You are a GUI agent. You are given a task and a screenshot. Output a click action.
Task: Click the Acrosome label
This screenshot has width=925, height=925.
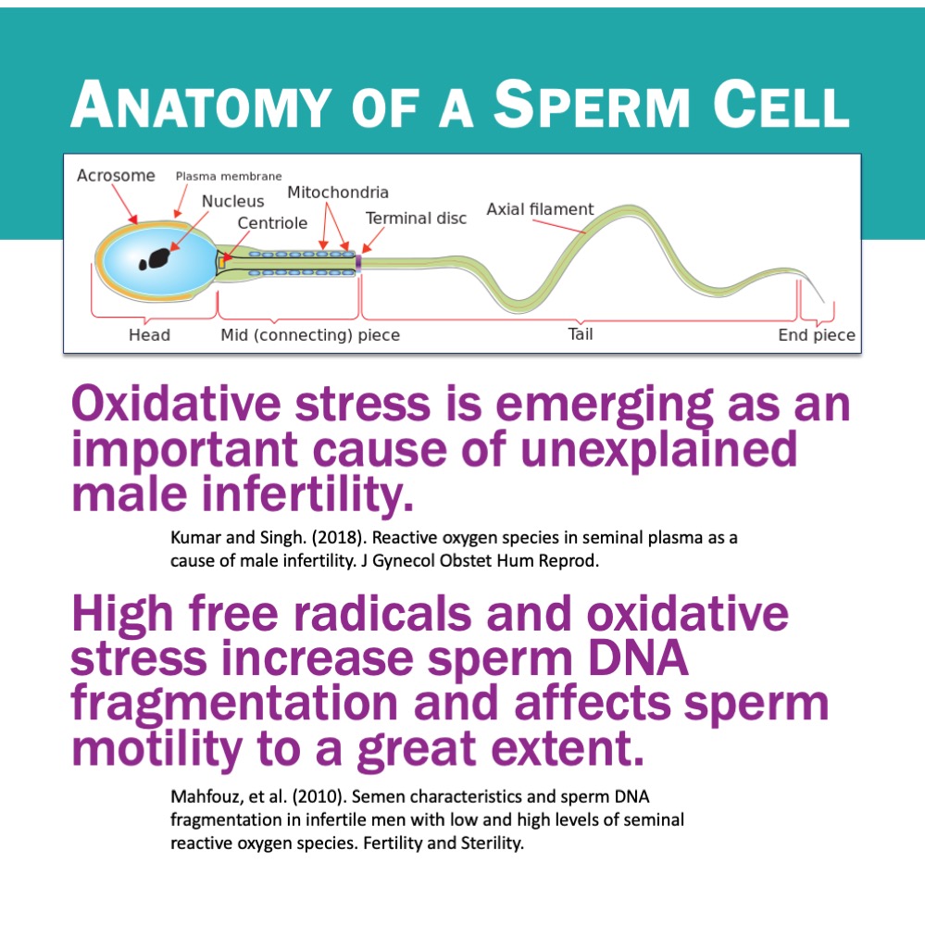coord(116,175)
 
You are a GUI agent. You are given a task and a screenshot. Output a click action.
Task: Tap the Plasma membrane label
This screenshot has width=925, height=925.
coord(229,176)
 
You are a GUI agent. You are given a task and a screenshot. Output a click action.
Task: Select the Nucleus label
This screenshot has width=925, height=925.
coord(232,201)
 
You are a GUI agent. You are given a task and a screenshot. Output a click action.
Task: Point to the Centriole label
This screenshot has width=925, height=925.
coord(272,223)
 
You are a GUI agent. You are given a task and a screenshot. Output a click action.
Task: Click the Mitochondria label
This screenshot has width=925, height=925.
coord(337,193)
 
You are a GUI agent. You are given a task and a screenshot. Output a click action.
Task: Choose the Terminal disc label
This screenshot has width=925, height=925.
coord(416,219)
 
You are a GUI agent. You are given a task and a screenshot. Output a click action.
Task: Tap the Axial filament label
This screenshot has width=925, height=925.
coord(540,209)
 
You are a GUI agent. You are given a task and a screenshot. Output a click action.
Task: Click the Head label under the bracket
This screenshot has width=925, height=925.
coord(149,335)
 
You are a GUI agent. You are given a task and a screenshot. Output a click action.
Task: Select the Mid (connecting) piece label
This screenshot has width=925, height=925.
coord(310,335)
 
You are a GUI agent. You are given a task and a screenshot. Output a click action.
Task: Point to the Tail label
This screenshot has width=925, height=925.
coord(581,334)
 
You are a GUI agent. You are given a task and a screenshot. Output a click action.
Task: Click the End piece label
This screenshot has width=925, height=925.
coord(817,335)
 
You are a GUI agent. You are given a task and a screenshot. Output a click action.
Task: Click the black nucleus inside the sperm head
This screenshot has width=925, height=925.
coord(156,259)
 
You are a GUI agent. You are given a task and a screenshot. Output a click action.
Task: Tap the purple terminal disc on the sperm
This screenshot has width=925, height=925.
coord(358,263)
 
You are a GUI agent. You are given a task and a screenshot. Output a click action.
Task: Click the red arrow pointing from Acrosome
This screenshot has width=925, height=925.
coord(124,204)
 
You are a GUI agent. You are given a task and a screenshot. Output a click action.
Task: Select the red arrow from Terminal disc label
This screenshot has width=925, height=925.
coord(373,241)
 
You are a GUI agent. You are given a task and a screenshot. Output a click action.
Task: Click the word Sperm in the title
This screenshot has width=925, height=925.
coord(591,104)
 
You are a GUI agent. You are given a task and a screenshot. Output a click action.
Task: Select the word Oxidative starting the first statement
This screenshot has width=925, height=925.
coord(176,404)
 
